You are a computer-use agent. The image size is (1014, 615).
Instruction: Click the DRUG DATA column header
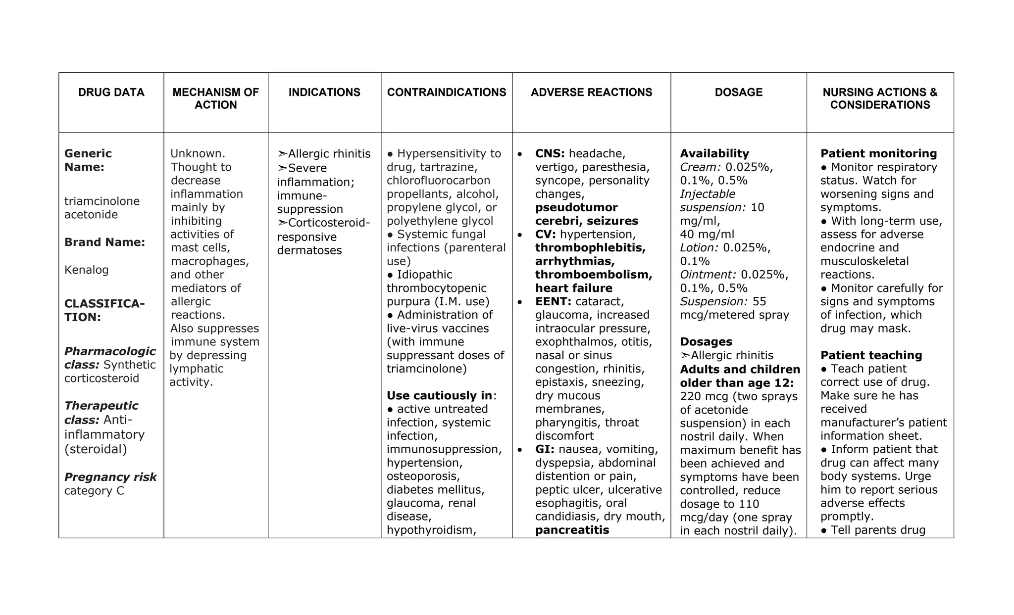pos(111,93)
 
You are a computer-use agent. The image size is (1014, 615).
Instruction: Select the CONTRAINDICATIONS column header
pos(446,93)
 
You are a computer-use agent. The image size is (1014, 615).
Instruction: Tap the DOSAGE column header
pos(738,93)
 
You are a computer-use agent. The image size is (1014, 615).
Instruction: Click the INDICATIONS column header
pos(324,93)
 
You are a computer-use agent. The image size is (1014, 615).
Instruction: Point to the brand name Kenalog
pos(86,270)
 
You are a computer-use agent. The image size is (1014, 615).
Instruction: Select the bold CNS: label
pos(550,154)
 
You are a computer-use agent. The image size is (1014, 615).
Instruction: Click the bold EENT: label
pos(553,302)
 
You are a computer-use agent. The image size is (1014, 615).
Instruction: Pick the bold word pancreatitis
pos(572,530)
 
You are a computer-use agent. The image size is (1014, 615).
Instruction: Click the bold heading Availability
pos(714,154)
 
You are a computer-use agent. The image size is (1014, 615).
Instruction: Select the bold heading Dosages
pos(706,342)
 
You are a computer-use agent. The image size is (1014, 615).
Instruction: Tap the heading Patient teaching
pos(871,355)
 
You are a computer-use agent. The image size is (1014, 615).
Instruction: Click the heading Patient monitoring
pos(878,154)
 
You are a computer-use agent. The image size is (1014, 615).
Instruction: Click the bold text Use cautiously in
pos(439,396)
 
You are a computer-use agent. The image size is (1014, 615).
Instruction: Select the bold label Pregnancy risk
pos(110,477)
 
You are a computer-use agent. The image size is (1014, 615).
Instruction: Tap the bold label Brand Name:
pos(104,242)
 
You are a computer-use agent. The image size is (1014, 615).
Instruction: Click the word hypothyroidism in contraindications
pos(429,530)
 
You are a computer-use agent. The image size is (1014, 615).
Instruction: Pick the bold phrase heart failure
pos(573,288)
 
